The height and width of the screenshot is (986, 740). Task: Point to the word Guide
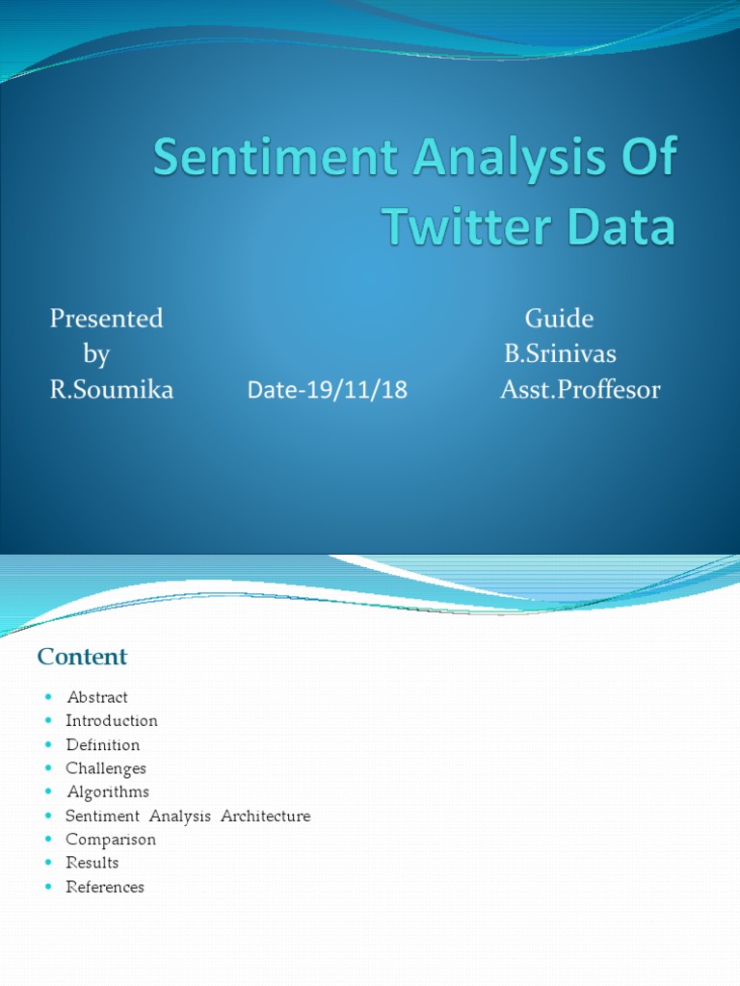coord(559,319)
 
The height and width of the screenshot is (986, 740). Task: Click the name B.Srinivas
coord(560,354)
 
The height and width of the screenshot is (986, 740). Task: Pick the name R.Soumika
coord(112,390)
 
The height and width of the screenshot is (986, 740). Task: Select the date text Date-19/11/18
coord(328,390)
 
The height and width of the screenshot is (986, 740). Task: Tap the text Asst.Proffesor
coord(580,390)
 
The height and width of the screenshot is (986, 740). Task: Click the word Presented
coord(106,319)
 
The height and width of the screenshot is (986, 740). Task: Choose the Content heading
coord(82,657)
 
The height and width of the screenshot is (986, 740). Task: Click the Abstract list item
coord(96,697)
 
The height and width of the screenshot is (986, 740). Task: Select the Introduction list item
coord(112,720)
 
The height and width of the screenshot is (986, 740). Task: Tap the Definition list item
coord(103,744)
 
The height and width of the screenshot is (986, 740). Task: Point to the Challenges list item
coord(106,768)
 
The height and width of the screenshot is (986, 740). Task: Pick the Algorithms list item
coord(108,791)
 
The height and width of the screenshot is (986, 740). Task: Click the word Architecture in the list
coord(265,816)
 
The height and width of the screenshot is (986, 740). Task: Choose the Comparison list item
coord(111,839)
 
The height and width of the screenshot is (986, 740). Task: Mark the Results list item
coord(92,863)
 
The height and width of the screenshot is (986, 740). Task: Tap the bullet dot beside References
coord(47,887)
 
